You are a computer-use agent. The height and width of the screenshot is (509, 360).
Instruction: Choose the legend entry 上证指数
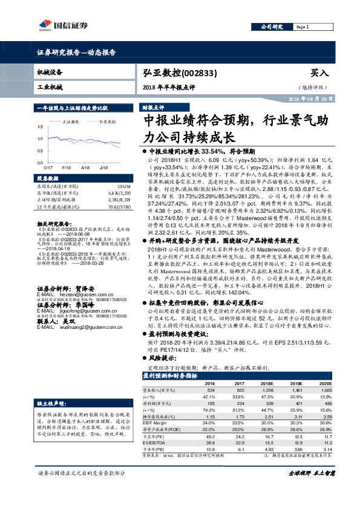point(72,122)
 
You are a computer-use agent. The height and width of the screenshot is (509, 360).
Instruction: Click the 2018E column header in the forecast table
point(266,383)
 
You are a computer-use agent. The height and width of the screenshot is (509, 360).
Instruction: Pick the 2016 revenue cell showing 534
point(210,391)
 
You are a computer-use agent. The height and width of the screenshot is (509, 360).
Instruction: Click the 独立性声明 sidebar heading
point(50,402)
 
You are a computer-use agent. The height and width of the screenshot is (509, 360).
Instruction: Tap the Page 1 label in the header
point(304,28)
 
